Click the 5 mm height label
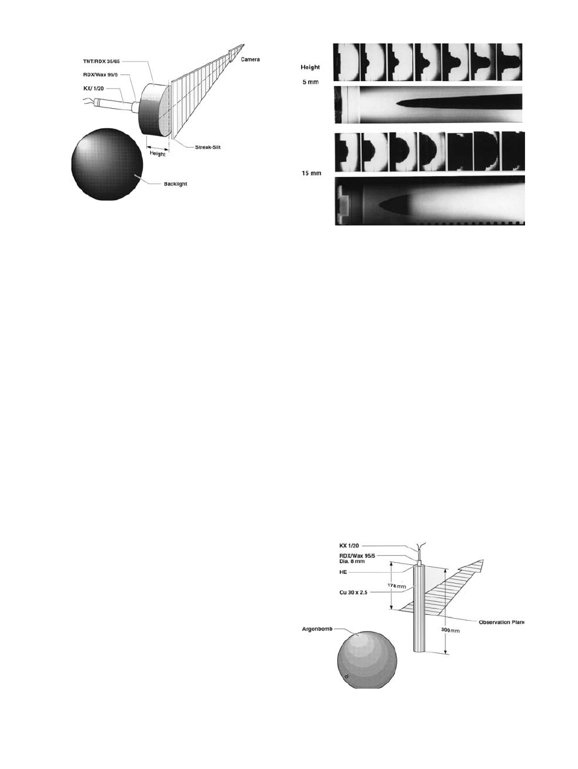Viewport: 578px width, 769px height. click(x=311, y=83)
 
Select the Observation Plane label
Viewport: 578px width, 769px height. click(x=500, y=622)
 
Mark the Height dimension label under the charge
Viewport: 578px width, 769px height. click(x=157, y=154)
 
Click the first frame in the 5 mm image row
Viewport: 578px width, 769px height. click(x=346, y=62)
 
